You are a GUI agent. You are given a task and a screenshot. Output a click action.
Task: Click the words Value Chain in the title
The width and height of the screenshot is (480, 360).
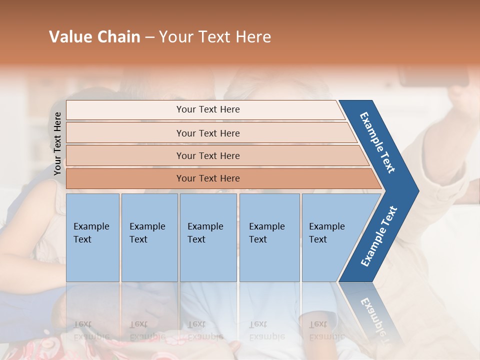(x=94, y=37)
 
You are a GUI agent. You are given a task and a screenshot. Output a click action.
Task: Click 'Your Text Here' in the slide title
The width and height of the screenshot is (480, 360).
(x=215, y=37)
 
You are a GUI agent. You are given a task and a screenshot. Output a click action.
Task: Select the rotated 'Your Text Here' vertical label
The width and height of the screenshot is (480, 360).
(x=57, y=143)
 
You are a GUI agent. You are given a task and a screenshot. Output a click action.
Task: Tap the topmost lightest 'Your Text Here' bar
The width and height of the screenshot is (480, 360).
(x=208, y=109)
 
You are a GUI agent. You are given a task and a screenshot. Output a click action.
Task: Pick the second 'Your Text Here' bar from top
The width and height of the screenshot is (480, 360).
(x=208, y=133)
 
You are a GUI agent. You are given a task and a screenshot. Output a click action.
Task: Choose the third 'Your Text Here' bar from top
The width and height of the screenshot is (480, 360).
(x=208, y=155)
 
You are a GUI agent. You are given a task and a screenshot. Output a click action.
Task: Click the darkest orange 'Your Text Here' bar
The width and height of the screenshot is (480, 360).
(x=208, y=178)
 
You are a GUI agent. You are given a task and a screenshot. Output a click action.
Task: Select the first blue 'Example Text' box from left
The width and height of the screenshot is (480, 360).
(x=92, y=237)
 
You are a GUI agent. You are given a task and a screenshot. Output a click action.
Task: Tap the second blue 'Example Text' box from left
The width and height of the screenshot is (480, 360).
(x=148, y=237)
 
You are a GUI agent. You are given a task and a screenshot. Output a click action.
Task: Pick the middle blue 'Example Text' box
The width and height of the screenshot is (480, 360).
(x=207, y=237)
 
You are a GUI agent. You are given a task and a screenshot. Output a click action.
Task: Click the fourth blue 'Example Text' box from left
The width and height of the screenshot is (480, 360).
(x=269, y=237)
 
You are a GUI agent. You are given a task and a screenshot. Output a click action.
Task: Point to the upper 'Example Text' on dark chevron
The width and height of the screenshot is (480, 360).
(x=377, y=142)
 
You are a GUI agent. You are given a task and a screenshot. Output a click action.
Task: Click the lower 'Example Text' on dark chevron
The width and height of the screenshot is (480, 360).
(x=378, y=236)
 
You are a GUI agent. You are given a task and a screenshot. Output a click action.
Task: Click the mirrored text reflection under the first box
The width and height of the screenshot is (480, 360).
(x=91, y=330)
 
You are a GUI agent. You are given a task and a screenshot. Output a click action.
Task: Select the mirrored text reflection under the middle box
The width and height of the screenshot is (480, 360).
(x=205, y=330)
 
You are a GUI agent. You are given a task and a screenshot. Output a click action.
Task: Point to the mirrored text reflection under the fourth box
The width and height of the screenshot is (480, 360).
(x=267, y=330)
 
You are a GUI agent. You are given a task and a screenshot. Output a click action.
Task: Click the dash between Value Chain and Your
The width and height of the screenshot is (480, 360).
(x=149, y=37)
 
